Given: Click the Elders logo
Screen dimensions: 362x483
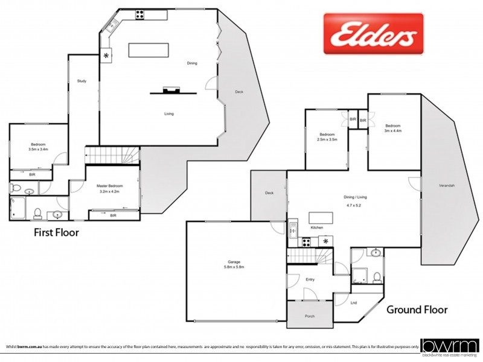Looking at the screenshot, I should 373,34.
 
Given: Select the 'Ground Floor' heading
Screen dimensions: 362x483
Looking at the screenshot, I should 417,310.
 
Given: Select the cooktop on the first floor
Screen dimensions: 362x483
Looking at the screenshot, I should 139,13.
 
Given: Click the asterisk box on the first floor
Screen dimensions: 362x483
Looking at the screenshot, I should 107,56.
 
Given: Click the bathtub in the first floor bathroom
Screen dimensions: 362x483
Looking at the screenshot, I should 17,209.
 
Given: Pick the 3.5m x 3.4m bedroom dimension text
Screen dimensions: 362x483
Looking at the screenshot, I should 38,150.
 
